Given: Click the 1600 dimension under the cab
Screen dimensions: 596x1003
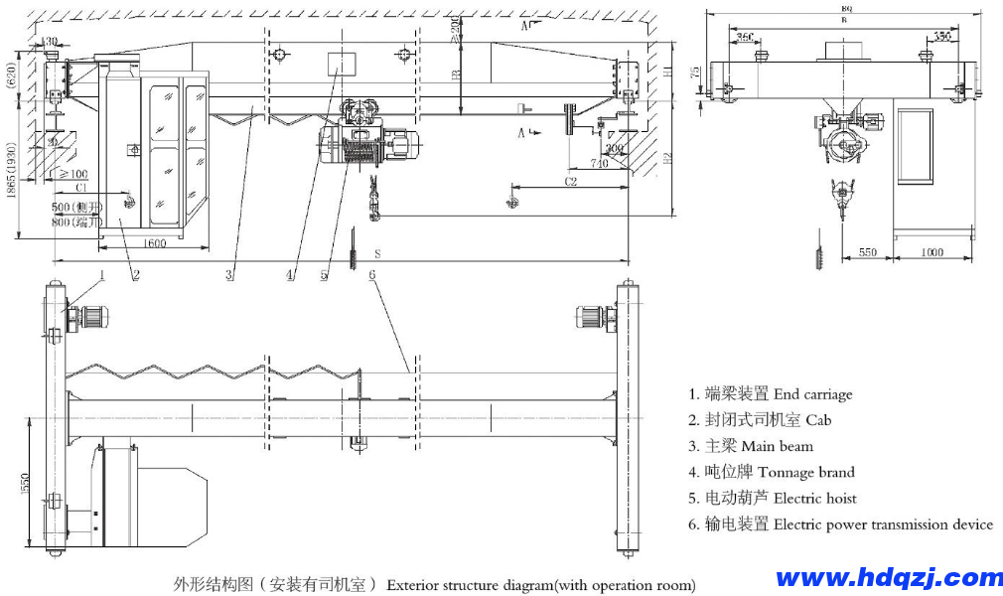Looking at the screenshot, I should (x=154, y=244).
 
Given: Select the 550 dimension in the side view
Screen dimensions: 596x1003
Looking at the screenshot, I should (x=867, y=253).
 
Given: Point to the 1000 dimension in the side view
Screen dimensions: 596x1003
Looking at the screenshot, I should (x=931, y=253).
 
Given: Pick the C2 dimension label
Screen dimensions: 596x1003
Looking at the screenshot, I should (x=571, y=182).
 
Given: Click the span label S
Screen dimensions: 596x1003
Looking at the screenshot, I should (x=377, y=254).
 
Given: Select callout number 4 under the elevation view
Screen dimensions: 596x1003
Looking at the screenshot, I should (x=290, y=275).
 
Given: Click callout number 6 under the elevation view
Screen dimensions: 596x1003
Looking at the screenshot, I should (x=372, y=274).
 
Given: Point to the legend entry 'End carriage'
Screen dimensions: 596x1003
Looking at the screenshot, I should (x=812, y=394).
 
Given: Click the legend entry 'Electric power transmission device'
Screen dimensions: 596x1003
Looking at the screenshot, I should (x=883, y=524).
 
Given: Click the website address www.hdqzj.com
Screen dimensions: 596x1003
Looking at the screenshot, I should (x=889, y=577).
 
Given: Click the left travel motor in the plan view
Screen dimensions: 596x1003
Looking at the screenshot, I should (x=89, y=317).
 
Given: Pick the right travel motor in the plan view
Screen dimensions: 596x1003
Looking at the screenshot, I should (x=593, y=317).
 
